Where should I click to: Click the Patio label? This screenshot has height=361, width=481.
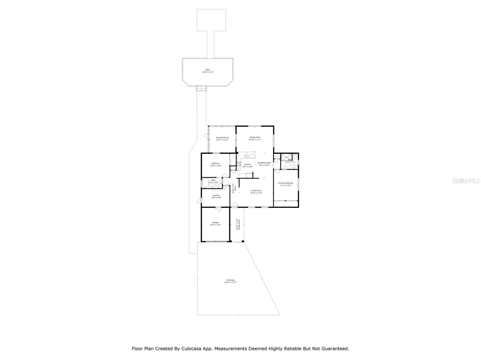[x=207, y=70]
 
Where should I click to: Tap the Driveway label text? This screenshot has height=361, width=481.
[x=231, y=280]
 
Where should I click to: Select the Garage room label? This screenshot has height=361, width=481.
[x=215, y=223]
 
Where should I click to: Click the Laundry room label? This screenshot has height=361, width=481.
[x=216, y=195]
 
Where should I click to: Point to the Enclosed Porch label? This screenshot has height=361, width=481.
[x=222, y=137]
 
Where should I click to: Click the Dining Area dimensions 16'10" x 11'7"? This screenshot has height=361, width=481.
[x=255, y=140]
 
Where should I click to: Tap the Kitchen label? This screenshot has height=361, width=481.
[x=248, y=165]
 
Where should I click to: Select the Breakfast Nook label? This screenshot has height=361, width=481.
[x=264, y=163]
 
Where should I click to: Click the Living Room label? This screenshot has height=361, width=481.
[x=256, y=190]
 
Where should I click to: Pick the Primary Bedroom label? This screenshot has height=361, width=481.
[x=286, y=183]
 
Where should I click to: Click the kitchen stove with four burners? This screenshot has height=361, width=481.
[x=239, y=164]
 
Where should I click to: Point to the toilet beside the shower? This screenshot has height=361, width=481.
[x=295, y=156]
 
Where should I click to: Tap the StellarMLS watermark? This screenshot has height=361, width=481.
[x=466, y=180]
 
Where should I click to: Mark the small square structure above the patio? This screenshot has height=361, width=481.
[x=211, y=20]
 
